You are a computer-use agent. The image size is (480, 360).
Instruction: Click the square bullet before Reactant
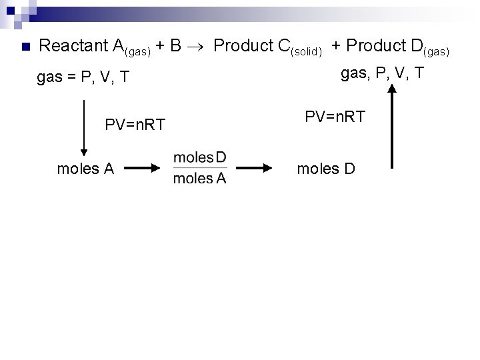25,47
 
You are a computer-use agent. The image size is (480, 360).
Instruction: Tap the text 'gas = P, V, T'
81,78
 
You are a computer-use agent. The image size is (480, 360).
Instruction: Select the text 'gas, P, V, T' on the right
383,73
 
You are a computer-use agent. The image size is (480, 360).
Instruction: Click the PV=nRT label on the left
135,125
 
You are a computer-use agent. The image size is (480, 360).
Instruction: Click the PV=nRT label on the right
335,117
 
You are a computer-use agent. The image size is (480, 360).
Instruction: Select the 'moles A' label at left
85,169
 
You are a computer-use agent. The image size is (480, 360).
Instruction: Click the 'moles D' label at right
326,169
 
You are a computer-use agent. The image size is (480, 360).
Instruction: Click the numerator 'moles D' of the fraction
199,157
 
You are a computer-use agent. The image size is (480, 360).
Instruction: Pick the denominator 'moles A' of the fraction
199,178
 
